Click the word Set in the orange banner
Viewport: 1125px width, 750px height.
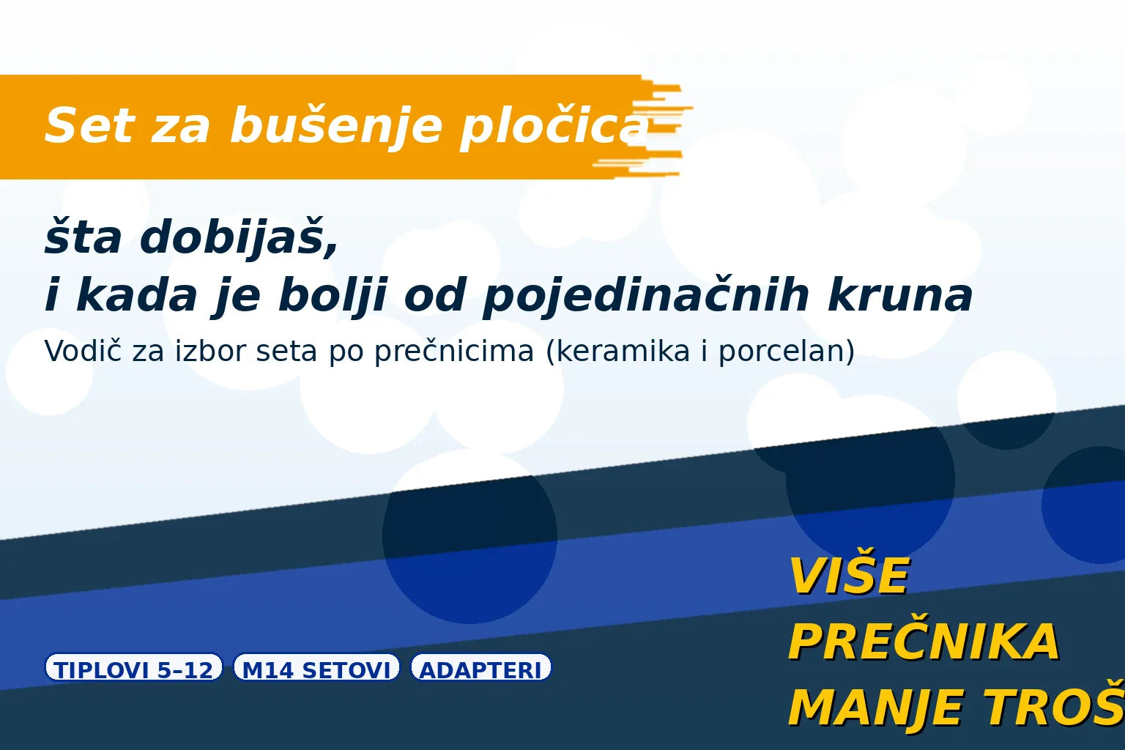tap(89, 125)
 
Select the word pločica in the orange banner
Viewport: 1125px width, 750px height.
tap(554, 127)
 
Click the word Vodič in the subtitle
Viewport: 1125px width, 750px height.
tap(83, 351)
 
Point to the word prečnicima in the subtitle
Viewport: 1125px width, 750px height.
tap(454, 352)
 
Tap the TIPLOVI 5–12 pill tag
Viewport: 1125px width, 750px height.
tap(134, 668)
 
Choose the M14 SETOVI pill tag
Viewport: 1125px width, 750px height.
tap(316, 668)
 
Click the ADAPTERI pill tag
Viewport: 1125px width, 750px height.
tap(480, 668)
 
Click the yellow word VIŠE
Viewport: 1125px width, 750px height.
tap(848, 576)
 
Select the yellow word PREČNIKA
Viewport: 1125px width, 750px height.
tap(924, 642)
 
